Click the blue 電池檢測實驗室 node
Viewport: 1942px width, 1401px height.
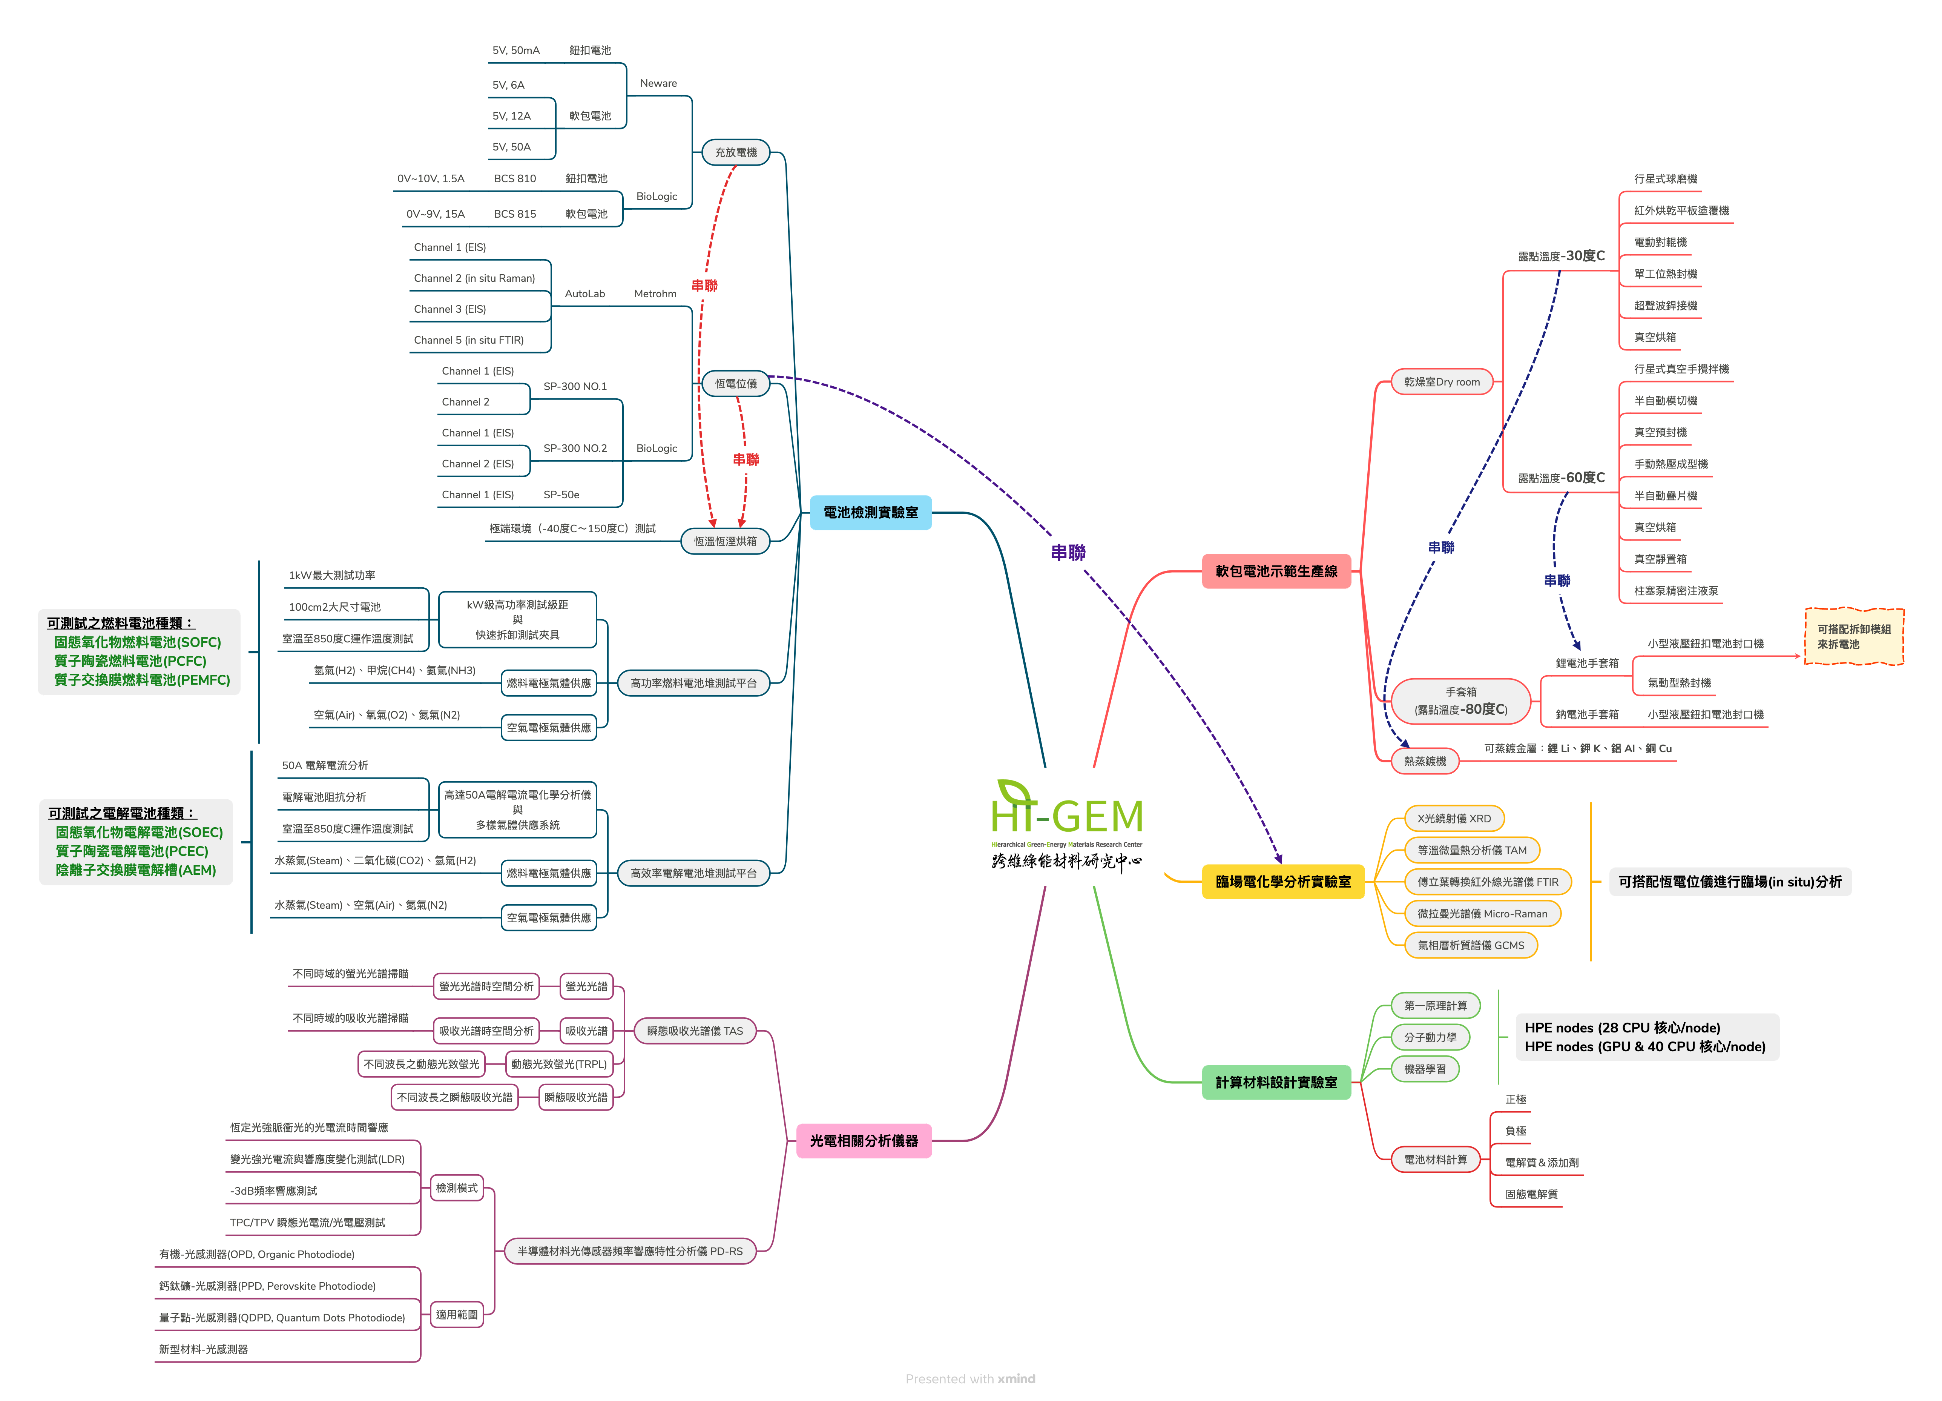(x=870, y=512)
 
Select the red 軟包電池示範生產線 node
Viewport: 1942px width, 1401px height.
(x=1276, y=571)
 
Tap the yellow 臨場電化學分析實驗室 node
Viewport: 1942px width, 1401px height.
(x=1283, y=881)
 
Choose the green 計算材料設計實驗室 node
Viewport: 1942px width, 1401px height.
(x=1276, y=1082)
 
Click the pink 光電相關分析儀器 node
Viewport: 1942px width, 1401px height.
(x=863, y=1141)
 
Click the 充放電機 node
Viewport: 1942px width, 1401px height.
(x=736, y=152)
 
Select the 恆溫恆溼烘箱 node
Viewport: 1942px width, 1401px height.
(x=725, y=541)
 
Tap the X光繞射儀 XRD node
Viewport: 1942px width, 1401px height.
(x=1454, y=819)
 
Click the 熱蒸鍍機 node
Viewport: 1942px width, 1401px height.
(x=1425, y=761)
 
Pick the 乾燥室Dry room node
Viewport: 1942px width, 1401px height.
(x=1442, y=382)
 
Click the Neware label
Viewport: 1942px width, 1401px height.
(x=658, y=83)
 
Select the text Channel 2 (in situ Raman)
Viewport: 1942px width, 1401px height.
(x=474, y=278)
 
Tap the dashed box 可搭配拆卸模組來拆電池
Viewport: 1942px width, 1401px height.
(x=1854, y=636)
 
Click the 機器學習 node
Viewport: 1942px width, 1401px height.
(x=1425, y=1069)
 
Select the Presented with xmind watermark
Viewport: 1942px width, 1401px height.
(x=970, y=1379)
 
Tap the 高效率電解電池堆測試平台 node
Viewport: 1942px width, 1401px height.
(x=693, y=874)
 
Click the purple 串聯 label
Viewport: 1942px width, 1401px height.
(x=1068, y=552)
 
